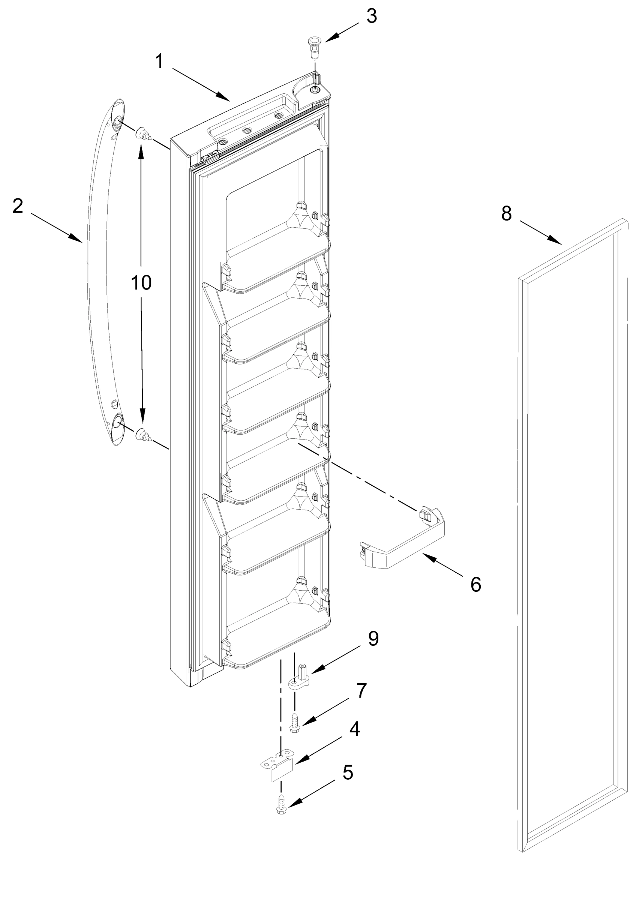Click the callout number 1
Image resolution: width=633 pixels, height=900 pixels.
(159, 61)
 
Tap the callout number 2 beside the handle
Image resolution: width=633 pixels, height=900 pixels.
(18, 207)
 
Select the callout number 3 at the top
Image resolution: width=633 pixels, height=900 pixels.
(371, 16)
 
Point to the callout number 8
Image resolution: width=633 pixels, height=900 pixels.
(506, 214)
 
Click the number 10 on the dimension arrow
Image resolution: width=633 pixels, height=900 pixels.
(141, 282)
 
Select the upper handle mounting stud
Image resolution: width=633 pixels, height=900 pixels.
(142, 135)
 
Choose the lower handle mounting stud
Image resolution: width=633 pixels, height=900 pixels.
(142, 435)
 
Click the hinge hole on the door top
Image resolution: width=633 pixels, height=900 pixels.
(315, 90)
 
